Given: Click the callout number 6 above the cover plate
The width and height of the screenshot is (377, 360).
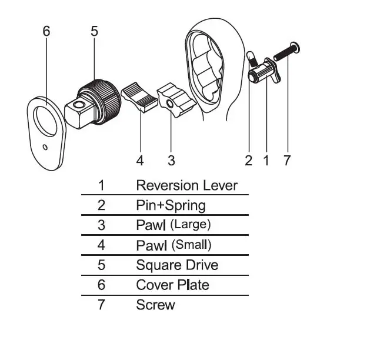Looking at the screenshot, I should click(46, 31).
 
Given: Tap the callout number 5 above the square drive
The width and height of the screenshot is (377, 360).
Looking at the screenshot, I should click(94, 31).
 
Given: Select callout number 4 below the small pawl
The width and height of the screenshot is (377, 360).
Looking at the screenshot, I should click(140, 160).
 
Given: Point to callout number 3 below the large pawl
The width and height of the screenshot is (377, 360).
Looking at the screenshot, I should click(171, 160).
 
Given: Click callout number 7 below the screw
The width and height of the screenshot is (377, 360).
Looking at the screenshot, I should click(287, 160).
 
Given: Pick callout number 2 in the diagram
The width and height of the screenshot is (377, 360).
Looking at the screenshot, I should click(249, 160).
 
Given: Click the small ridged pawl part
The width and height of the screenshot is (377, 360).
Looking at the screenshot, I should click(141, 98).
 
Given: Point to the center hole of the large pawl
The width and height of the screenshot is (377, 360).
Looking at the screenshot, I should click(171, 104).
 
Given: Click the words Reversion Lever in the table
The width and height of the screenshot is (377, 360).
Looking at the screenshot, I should click(186, 185).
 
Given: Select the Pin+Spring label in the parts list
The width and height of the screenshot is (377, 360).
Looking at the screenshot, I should click(171, 205).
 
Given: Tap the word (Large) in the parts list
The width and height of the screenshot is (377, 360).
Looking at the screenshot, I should click(189, 224).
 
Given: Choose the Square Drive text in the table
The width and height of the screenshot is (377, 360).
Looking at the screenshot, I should click(177, 265).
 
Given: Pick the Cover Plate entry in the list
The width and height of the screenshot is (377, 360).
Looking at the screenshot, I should click(172, 285).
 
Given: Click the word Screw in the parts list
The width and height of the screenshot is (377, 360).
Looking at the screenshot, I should click(155, 305).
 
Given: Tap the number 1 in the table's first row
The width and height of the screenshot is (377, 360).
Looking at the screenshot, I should click(101, 185).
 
